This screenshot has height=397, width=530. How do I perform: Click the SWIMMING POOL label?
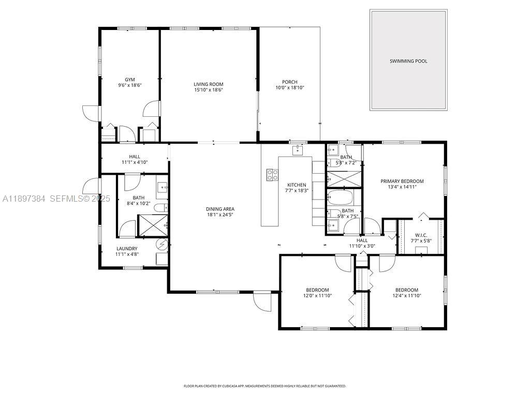[408, 61]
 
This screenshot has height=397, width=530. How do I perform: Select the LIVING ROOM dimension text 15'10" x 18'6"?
[208, 90]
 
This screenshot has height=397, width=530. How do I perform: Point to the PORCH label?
[289, 82]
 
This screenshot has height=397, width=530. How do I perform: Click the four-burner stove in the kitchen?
[272, 175]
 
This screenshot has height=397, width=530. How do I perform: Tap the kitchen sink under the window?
[298, 150]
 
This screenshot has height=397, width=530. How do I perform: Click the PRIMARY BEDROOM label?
[402, 181]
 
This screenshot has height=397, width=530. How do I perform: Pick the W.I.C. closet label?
[420, 235]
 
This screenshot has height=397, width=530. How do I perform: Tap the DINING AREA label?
[221, 209]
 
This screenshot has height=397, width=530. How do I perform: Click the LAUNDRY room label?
[126, 248]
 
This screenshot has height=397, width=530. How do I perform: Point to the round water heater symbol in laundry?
[162, 245]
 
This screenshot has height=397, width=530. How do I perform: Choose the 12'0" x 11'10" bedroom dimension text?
[317, 296]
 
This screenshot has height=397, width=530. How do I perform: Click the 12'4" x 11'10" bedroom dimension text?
[406, 296]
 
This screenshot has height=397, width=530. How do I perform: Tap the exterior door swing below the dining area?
[260, 300]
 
